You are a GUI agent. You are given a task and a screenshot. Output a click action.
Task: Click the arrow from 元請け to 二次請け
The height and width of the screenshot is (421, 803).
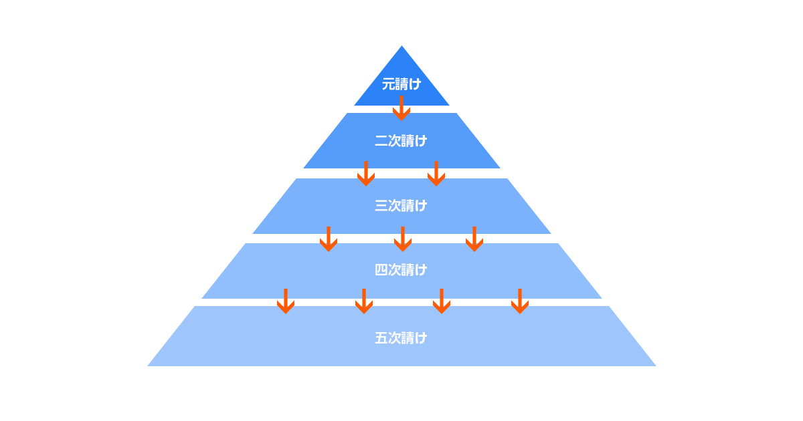coord(401,108)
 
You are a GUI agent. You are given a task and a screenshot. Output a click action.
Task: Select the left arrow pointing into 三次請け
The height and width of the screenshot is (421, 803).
coord(366,174)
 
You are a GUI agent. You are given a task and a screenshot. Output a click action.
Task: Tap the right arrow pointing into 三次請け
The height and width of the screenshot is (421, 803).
coord(436,174)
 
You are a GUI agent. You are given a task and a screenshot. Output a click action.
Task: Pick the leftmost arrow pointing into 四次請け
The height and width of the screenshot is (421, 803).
coord(329,239)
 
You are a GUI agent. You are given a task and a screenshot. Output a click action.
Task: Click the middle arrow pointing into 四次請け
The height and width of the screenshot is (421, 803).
coord(402,239)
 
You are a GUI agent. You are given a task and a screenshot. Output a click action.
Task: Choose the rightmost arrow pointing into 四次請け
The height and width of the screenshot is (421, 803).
coord(474,239)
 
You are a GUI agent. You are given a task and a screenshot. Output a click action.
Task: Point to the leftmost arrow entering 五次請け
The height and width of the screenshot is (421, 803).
coord(286,301)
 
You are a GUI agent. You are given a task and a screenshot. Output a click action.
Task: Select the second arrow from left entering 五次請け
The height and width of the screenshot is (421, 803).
coord(364,301)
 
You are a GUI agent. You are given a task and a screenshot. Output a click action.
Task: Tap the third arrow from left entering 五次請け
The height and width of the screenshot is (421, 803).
coord(442,301)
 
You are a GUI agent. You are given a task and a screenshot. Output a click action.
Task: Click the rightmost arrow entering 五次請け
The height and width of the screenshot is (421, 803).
coord(520,301)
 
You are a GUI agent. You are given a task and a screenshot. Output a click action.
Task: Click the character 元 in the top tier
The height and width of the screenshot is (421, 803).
coord(388,84)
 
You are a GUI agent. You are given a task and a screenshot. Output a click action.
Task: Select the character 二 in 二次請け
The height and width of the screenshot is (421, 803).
coord(381,141)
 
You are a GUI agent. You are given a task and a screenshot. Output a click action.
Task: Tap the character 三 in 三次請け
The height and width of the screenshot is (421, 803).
coord(381,206)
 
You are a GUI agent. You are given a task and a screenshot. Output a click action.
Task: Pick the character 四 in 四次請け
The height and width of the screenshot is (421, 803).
coord(381,270)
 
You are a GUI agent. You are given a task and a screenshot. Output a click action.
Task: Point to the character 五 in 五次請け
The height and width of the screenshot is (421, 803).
coord(381,337)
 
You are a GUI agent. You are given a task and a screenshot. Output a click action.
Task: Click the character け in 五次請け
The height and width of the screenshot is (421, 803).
coord(421,337)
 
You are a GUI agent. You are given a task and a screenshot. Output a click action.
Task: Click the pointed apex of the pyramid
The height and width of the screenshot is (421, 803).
coord(401,47)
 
